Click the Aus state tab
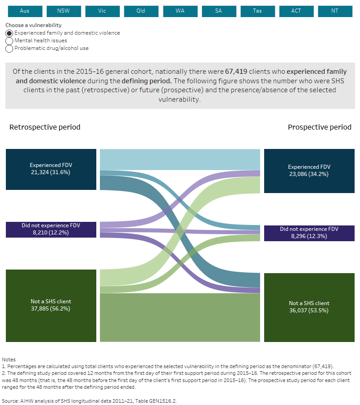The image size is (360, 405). click(25, 11)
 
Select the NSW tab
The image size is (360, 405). click(63, 11)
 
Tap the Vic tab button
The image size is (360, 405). click(102, 11)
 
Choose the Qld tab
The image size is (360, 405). click(141, 11)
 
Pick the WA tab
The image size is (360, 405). click(180, 11)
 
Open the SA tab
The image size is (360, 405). click(219, 11)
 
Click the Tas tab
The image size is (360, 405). click(257, 11)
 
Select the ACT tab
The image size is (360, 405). click(296, 11)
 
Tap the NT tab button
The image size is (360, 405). click(335, 11)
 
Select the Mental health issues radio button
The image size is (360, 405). click(9, 41)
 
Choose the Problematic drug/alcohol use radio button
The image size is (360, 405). click(9, 49)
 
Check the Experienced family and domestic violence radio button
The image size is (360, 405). click(9, 33)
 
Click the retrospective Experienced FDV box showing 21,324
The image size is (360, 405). click(51, 169)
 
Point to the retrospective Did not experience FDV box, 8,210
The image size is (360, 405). click(51, 229)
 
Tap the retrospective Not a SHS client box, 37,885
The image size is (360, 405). click(51, 305)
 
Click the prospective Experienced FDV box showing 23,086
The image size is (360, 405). click(309, 171)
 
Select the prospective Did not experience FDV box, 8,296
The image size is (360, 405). click(309, 233)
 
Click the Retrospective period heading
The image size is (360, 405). click(45, 127)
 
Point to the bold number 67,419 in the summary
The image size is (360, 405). click(261, 72)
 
